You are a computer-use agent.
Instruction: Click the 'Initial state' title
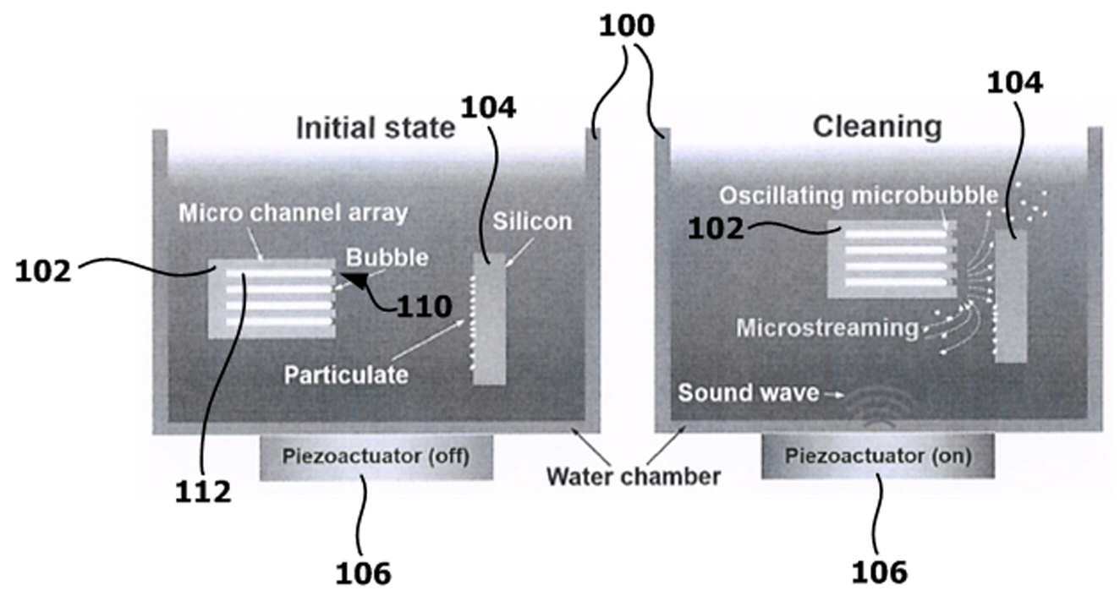pyautogui.click(x=375, y=128)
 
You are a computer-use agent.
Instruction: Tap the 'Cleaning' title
pyautogui.click(x=876, y=127)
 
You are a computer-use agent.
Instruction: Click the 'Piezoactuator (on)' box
pyautogui.click(x=877, y=457)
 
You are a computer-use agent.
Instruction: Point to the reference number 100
pyautogui.click(x=626, y=26)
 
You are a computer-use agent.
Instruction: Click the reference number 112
pyautogui.click(x=204, y=491)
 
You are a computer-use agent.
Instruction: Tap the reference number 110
pyautogui.click(x=424, y=306)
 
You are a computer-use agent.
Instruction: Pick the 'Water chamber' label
pyautogui.click(x=633, y=476)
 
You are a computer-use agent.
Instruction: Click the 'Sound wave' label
pyautogui.click(x=749, y=393)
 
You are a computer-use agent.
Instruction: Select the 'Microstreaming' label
pyautogui.click(x=826, y=327)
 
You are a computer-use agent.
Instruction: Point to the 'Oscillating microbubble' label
pyautogui.click(x=859, y=195)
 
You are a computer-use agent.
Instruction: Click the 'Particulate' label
pyautogui.click(x=345, y=373)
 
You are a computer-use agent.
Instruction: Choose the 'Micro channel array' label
pyautogui.click(x=292, y=213)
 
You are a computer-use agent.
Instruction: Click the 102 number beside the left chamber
pyautogui.click(x=42, y=273)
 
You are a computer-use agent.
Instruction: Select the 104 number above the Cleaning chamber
pyautogui.click(x=1014, y=83)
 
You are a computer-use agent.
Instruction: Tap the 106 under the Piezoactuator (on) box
pyautogui.click(x=879, y=571)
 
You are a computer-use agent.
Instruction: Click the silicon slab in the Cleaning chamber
pyautogui.click(x=1010, y=296)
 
